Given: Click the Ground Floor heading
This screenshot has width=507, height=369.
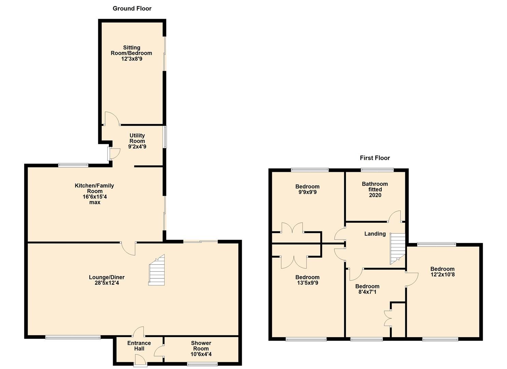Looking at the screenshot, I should coord(132,9).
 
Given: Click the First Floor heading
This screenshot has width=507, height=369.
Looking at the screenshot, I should coord(375,158).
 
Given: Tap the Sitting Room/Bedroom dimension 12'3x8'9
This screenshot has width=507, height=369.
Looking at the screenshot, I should coord(131,59).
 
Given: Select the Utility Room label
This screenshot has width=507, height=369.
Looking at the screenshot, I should coord(137,138).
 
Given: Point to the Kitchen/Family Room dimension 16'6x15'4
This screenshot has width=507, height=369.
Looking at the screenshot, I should coord(95,197).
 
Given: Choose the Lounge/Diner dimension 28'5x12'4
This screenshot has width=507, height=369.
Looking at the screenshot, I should coord(107,283).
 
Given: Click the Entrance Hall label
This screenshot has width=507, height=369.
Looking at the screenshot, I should coord(139,346).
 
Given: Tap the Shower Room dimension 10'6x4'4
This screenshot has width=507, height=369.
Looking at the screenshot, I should coord(201,354).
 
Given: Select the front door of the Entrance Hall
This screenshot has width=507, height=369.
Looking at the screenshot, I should coord(140,360).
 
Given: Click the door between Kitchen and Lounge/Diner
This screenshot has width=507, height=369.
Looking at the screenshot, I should coord(129,248).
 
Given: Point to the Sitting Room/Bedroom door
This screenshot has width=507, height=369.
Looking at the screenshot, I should coord(111,119).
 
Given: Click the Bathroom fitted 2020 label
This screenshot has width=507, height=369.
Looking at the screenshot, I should coord(375,189).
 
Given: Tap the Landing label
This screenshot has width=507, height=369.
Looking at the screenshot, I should coord(375,234).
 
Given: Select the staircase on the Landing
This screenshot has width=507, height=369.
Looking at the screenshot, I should coord(397,249).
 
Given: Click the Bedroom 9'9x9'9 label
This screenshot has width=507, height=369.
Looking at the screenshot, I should coord(307,189).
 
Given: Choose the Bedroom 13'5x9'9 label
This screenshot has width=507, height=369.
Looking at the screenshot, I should coord(307,280).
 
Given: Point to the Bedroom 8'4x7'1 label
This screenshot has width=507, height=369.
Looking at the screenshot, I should coord(367,289).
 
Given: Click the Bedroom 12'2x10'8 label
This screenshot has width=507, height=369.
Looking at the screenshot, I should coord(442,272).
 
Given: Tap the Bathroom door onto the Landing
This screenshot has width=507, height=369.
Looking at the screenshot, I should coord(395,217).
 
